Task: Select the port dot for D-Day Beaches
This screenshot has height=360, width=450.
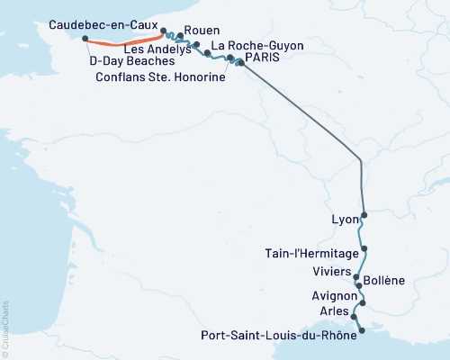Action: pos(85,39)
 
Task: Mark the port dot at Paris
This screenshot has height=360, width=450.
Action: pos(240,62)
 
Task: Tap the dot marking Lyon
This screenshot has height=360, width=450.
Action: pos(364,216)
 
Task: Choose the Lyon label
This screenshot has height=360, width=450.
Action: pos(344,219)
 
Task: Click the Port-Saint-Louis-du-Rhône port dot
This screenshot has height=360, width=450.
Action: pos(362,331)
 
